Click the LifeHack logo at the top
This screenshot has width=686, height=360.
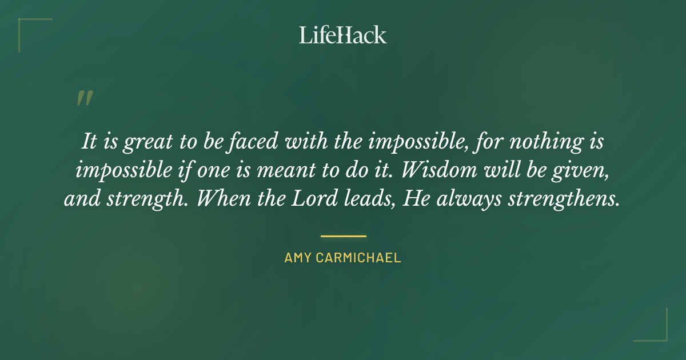click(x=343, y=35)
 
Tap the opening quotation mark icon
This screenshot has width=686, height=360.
click(x=84, y=98)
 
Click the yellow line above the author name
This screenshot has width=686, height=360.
click(x=343, y=235)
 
